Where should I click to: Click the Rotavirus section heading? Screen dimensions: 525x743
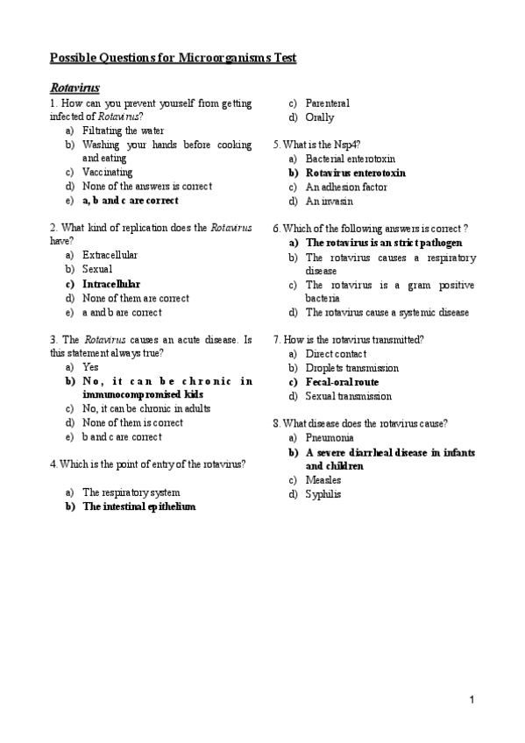74,88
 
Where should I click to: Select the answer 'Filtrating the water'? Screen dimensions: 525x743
123,131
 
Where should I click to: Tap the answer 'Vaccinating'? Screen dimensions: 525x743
108,173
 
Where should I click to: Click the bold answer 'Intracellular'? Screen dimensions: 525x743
111,284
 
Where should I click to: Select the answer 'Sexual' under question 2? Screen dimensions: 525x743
97,270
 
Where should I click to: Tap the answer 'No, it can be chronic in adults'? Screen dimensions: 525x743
145,409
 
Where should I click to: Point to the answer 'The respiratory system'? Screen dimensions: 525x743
131,492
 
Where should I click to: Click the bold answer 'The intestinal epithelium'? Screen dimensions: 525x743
138,506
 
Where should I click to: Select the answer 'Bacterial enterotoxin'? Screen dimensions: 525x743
351,159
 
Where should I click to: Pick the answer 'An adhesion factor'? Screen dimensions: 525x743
346,187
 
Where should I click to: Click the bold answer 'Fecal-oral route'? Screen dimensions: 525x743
342,382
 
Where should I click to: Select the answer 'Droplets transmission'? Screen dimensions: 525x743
351,368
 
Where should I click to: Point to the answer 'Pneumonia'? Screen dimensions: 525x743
330,437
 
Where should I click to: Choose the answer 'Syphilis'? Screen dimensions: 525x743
323,494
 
